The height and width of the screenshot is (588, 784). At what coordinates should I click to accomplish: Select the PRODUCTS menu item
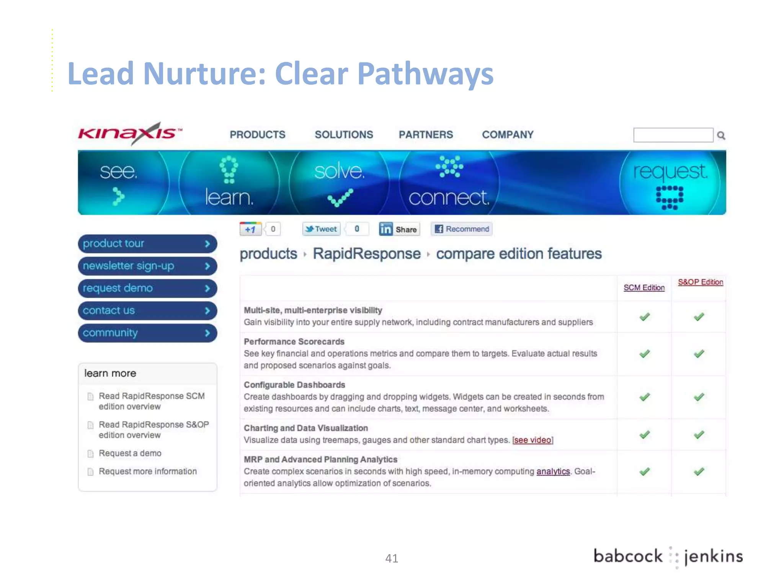click(x=257, y=135)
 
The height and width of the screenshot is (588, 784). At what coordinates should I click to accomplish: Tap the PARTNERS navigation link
click(x=426, y=135)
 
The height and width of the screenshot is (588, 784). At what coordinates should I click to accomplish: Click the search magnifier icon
click(x=721, y=135)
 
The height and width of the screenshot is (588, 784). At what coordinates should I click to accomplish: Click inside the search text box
click(x=673, y=135)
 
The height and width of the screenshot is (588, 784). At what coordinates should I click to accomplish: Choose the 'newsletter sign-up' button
click(x=147, y=266)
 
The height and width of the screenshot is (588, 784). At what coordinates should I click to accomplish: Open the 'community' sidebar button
click(x=147, y=333)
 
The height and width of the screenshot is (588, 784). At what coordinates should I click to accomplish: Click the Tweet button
click(x=322, y=229)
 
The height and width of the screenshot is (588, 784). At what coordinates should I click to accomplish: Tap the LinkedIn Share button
click(x=399, y=229)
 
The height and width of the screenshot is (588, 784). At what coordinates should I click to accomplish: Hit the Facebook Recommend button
click(x=462, y=229)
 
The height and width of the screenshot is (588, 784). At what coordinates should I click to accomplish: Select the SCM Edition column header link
click(x=644, y=287)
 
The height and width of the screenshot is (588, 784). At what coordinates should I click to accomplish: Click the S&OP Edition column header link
click(x=700, y=282)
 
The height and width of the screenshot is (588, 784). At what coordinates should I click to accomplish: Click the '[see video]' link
click(x=532, y=440)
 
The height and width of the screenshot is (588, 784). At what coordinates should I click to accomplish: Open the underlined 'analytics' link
click(x=553, y=471)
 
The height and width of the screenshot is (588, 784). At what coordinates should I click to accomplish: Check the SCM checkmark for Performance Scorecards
click(x=645, y=354)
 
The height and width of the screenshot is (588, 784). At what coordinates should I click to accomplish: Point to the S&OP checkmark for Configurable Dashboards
click(x=699, y=397)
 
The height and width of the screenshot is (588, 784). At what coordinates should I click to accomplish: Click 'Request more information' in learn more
click(x=147, y=471)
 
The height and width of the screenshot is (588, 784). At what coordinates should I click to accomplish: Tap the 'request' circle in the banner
click(x=670, y=183)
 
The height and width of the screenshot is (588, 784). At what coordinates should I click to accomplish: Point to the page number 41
click(x=392, y=559)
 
